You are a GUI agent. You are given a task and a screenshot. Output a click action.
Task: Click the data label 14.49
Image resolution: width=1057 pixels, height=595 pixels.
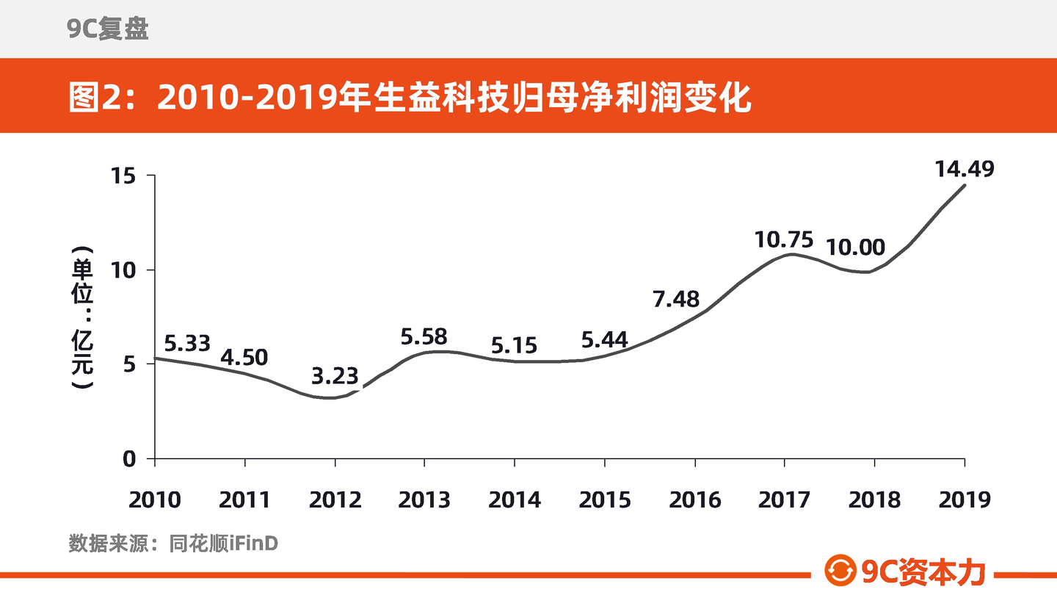(965, 169)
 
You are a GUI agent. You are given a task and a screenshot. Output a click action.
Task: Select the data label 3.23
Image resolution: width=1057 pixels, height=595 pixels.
(335, 376)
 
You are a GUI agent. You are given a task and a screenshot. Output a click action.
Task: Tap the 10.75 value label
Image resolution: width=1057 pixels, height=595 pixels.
(784, 240)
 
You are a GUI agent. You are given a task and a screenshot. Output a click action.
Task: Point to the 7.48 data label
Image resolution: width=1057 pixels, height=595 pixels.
(676, 299)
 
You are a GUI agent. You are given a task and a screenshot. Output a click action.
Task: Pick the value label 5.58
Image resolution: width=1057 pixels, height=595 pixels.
(424, 336)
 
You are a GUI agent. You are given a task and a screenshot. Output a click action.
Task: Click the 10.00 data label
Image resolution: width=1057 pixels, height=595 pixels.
(856, 248)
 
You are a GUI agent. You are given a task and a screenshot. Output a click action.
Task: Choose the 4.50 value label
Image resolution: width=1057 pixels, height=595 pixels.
(244, 358)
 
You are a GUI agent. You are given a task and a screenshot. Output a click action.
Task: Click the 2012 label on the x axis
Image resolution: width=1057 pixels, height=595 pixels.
(335, 500)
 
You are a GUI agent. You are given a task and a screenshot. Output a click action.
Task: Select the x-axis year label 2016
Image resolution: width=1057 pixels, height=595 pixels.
(695, 500)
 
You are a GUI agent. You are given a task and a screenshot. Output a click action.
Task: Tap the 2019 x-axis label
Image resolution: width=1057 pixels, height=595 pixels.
(965, 500)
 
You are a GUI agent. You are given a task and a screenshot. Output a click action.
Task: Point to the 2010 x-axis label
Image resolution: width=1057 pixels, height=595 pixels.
(155, 500)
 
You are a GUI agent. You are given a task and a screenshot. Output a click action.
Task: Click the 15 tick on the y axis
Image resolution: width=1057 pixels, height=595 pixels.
(123, 176)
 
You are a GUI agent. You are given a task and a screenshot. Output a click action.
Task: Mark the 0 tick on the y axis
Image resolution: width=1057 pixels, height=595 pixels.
(129, 459)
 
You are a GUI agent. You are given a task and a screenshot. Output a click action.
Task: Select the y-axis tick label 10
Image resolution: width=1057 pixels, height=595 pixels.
(123, 270)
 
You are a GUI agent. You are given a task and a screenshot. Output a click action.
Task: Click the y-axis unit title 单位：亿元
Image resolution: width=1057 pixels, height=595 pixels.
(82, 317)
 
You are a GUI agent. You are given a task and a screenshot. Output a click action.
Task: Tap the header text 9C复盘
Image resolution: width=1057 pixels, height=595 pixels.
(108, 29)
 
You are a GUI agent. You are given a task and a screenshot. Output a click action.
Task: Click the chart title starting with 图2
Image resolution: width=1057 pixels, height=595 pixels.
(410, 97)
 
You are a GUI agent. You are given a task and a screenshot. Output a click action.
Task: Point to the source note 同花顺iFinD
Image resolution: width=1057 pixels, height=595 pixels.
(223, 544)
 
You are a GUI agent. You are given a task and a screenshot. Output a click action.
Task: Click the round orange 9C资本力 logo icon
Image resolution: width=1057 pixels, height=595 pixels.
(840, 570)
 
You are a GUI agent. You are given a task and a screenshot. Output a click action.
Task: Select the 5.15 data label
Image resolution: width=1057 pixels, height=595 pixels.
(514, 346)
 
